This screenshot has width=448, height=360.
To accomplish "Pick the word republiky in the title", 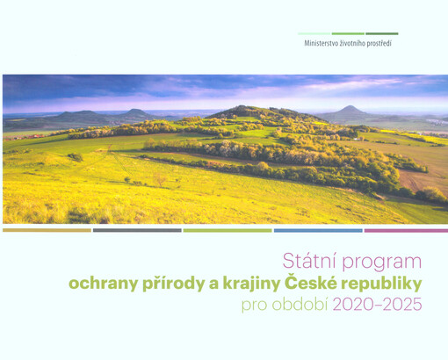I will coord(379,284).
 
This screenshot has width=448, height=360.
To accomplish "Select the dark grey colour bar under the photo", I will coord(137,230).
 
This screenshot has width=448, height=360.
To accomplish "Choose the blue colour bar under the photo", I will coord(317,230).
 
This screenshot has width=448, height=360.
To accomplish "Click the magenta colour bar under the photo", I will coord(406,230).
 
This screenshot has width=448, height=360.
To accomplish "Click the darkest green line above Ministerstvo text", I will coord(381,33).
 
